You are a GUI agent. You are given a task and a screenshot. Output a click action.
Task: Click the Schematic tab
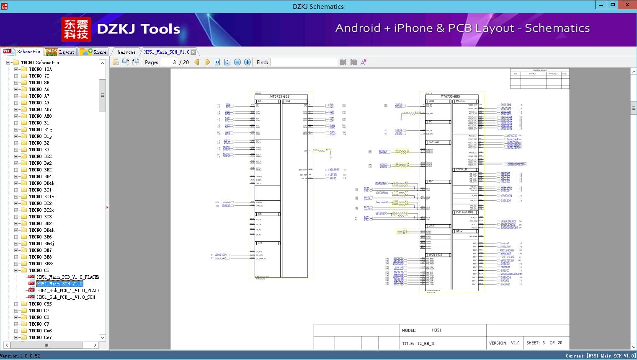pyautogui.click(x=28, y=52)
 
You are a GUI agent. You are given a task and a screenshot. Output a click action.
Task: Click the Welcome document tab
pyautogui.click(x=126, y=52)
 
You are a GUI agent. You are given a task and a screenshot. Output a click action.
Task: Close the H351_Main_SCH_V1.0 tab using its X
pyautogui.click(x=193, y=52)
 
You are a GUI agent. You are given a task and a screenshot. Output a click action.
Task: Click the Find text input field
pyautogui.click(x=304, y=62)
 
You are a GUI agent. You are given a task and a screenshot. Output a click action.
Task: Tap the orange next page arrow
pyautogui.click(x=207, y=62)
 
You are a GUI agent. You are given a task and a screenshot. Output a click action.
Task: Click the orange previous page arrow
pyautogui.click(x=197, y=62)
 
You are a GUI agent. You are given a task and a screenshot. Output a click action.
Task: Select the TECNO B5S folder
pyautogui.click(x=40, y=156)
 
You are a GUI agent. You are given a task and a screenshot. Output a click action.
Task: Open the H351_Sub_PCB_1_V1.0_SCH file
pyautogui.click(x=66, y=297)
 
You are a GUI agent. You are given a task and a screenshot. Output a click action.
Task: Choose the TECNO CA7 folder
pyautogui.click(x=40, y=337)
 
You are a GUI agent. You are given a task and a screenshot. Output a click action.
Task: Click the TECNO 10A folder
pyautogui.click(x=40, y=69)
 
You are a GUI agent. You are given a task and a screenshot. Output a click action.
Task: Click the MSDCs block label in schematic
pyautogui.click(x=460, y=101)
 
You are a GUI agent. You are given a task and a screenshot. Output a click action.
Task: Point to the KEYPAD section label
pyautogui.click(x=433, y=142)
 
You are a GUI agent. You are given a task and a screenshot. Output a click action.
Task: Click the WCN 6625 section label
pyautogui.click(x=435, y=255)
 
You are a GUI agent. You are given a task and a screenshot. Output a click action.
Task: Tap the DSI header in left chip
pyautogui.click(x=288, y=101)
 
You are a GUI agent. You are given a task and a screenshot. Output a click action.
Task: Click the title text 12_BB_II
pyautogui.click(x=426, y=344)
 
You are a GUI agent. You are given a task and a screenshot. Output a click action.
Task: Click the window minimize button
pyautogui.click(x=601, y=5)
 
